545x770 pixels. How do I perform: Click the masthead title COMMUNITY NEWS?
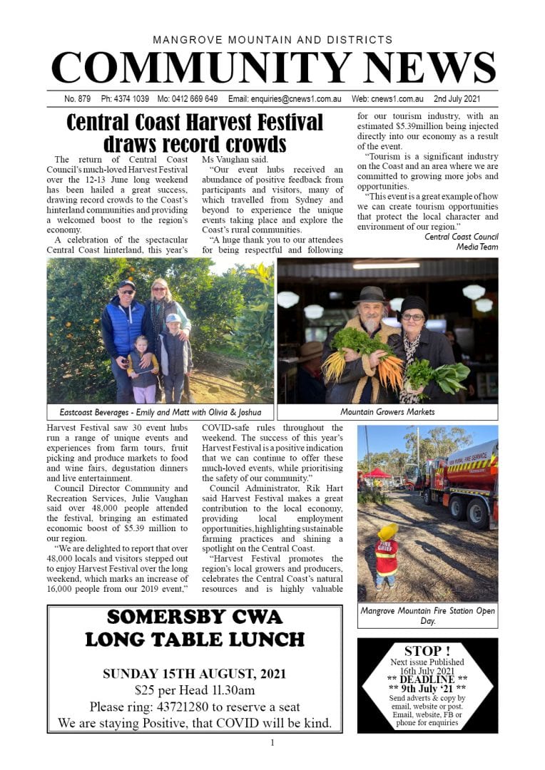pos(272,68)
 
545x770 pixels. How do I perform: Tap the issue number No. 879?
pos(78,99)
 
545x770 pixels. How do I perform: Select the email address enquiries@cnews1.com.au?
pos(285,99)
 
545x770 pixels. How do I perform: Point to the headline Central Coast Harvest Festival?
pos(195,122)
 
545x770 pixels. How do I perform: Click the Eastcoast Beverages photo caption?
pos(160,412)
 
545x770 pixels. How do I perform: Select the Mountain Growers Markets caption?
pos(387,412)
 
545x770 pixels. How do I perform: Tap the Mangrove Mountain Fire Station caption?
pos(427,615)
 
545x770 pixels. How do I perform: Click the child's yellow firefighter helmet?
pos(388,531)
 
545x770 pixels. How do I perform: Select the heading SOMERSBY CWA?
pos(194,617)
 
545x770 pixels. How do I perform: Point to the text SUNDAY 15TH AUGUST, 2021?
pos(194,674)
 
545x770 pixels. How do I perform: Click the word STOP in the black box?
pos(427,651)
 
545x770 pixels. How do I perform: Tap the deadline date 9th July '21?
pos(427,688)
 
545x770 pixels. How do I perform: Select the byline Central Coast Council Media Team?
pos(461,242)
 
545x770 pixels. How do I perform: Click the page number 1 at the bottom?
pos(272,743)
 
